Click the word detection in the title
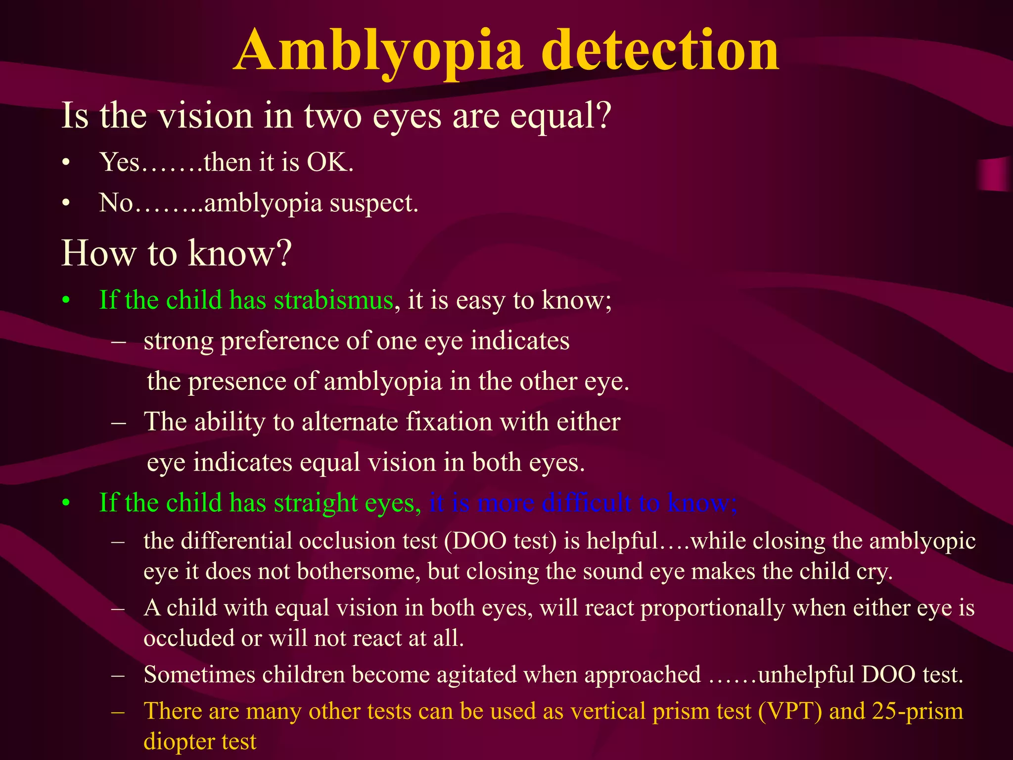(663, 51)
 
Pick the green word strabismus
(333, 300)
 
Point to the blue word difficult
(586, 503)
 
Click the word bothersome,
(359, 571)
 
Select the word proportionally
(713, 608)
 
